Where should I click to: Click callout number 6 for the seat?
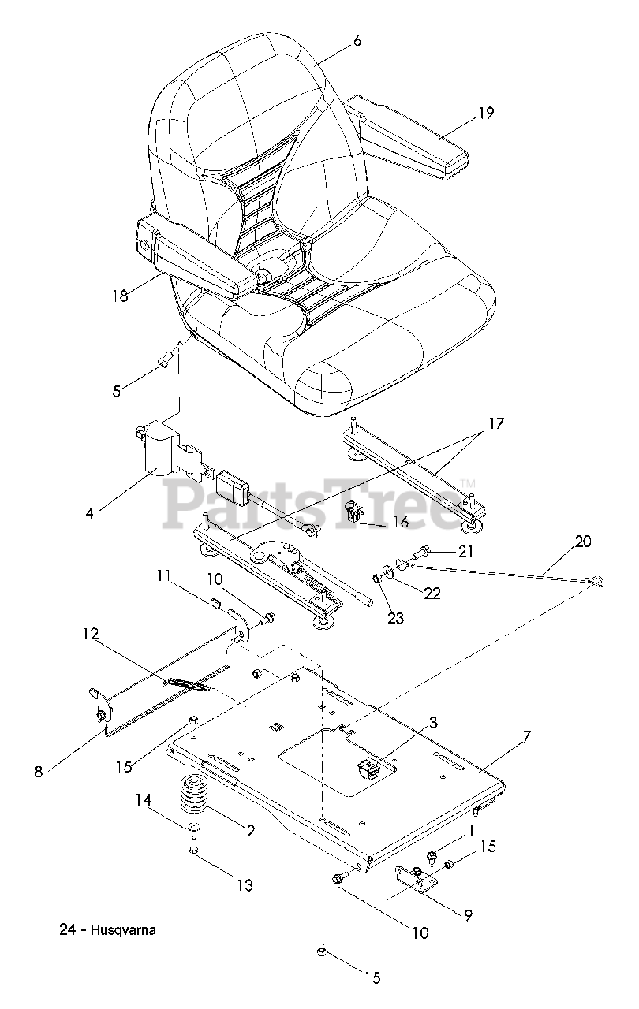pyautogui.click(x=357, y=40)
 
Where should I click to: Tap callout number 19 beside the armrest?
pyautogui.click(x=486, y=113)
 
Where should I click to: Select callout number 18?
pyautogui.click(x=119, y=296)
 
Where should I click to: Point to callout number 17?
pyautogui.click(x=495, y=424)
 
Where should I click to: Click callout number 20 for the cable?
pyautogui.click(x=582, y=542)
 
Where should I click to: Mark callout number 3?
pyautogui.click(x=433, y=722)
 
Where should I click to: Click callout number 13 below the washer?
pyautogui.click(x=245, y=885)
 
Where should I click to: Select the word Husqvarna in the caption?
pyautogui.click(x=122, y=929)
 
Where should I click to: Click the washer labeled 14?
pyautogui.click(x=193, y=827)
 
